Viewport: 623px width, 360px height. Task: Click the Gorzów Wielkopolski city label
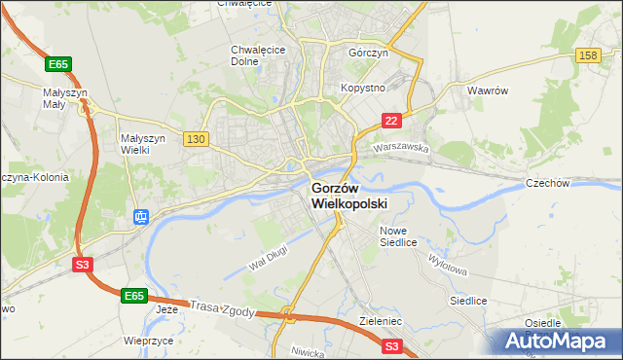(349, 196)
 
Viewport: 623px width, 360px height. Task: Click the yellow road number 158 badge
(587, 56)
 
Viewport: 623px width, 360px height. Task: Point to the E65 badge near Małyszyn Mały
(58, 64)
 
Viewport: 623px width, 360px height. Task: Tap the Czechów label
(573, 182)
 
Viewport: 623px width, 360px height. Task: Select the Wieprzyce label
(148, 342)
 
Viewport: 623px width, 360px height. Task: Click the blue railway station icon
(141, 216)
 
